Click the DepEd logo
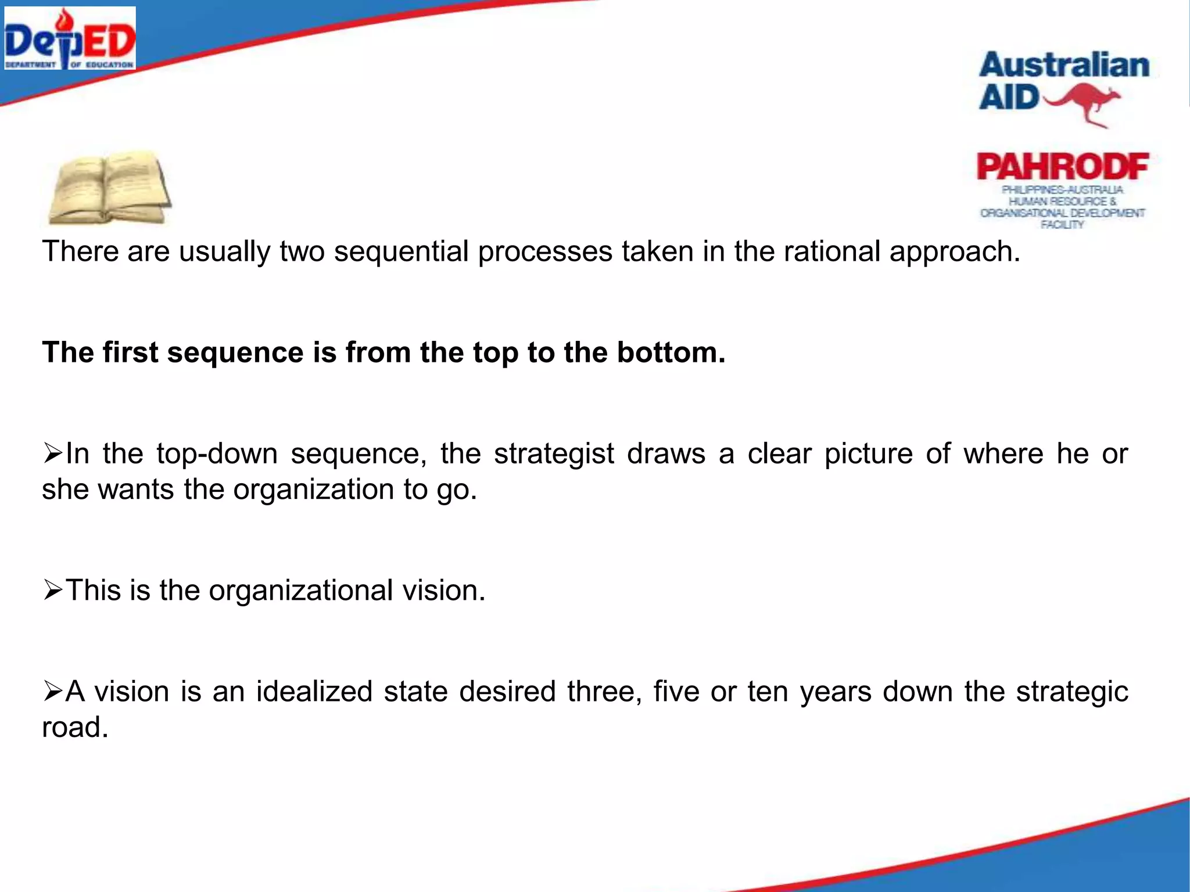[70, 38]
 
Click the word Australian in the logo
[1064, 65]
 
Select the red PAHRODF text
[1063, 167]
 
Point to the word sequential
[401, 252]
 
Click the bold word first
[130, 353]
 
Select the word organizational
[301, 591]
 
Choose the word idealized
[314, 692]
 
